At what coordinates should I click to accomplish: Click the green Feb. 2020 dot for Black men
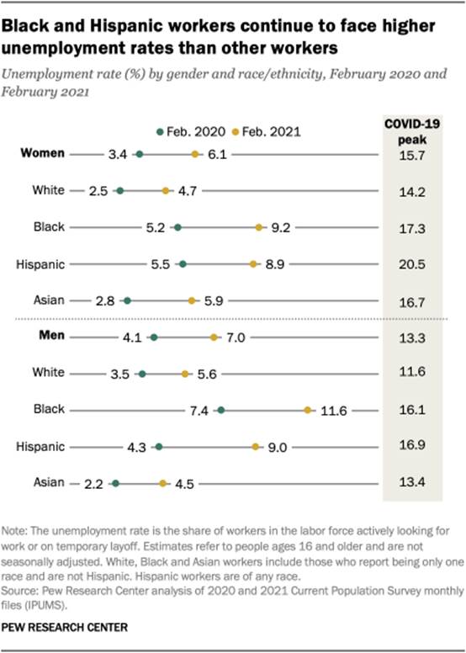220,411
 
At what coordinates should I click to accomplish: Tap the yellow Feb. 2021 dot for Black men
309,411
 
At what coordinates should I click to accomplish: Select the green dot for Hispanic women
183,264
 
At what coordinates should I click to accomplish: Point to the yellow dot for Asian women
193,300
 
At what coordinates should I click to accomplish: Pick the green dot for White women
120,191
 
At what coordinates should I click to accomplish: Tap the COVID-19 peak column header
412,130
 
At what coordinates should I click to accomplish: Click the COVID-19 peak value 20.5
412,264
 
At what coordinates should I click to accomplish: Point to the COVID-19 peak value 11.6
412,374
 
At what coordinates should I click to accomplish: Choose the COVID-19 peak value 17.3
412,227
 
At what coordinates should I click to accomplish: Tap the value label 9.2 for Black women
278,227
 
